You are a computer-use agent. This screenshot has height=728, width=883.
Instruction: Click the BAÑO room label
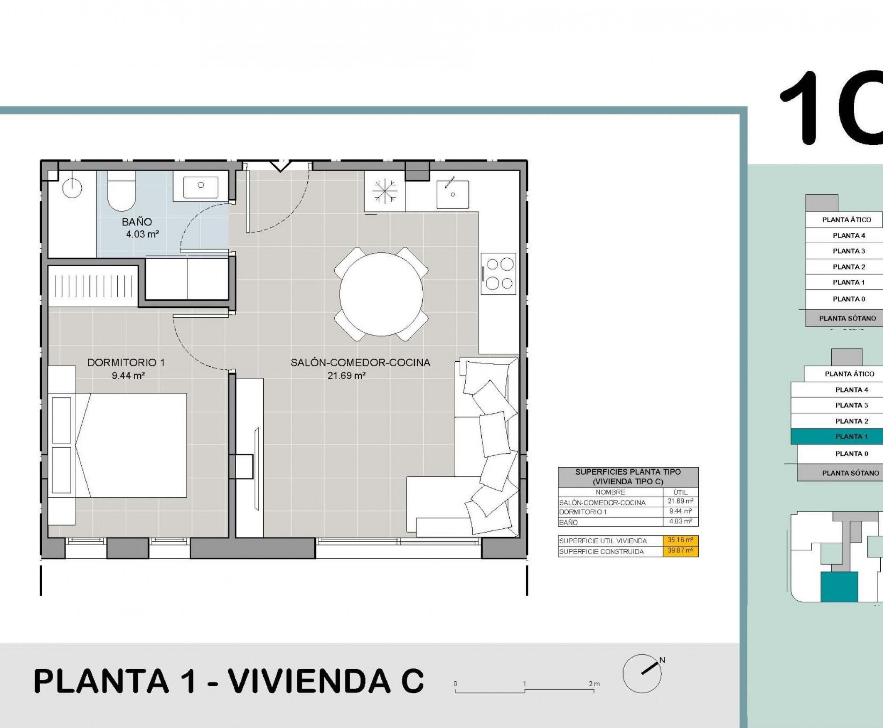137,222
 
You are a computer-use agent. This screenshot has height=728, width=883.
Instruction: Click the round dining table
381,294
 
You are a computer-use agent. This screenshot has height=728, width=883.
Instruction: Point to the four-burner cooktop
498,274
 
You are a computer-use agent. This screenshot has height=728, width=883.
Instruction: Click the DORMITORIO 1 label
126,363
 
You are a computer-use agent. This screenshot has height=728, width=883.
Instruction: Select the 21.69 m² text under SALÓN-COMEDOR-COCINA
346,376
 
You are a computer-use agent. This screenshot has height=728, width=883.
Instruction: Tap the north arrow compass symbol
642,674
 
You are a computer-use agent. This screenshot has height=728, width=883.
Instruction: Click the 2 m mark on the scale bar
594,684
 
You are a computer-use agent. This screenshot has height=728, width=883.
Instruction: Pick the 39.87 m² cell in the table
680,551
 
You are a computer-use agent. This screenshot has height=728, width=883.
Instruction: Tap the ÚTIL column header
680,492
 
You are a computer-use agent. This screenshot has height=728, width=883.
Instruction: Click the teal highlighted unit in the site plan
839,587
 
